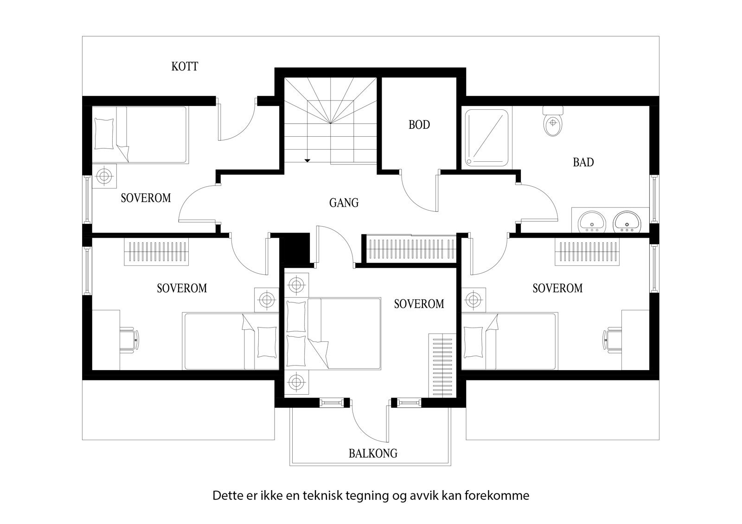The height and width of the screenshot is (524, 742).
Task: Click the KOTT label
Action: point(185,67)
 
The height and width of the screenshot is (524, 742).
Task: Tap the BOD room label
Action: point(419,125)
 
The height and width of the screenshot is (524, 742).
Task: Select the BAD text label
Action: point(583,163)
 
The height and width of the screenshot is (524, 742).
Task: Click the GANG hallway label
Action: point(344,203)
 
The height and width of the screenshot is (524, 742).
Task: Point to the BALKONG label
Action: point(373,453)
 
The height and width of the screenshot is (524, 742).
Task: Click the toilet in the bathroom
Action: point(553,122)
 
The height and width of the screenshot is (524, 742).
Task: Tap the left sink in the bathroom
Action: point(591,221)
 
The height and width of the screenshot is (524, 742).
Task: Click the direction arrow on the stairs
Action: point(307,160)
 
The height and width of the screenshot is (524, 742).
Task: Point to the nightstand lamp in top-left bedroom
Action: point(104,176)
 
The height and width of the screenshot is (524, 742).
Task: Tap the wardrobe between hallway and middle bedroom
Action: point(410,249)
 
